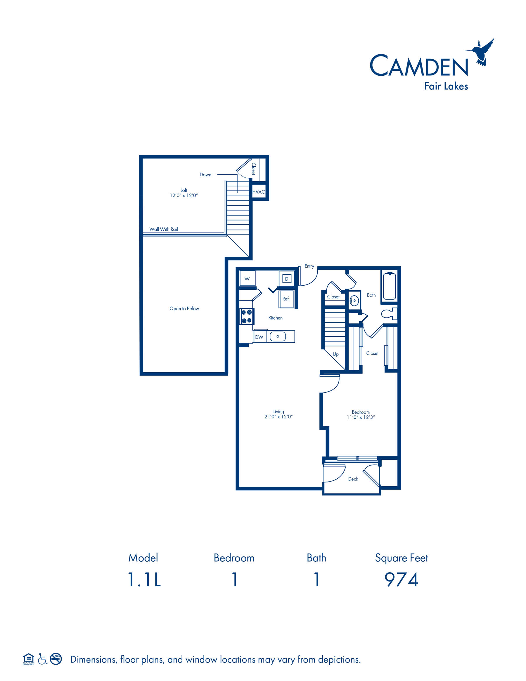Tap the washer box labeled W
coord(248,278)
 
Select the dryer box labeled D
coord(287,278)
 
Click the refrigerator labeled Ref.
coord(286,299)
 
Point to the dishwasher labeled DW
coord(259,337)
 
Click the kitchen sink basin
coord(278,337)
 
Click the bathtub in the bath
coord(389,286)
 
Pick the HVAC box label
coord(259,192)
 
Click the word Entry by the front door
coord(309,266)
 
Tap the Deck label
coord(353,479)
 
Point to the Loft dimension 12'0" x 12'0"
coord(184,196)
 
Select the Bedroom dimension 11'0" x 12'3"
coord(361,417)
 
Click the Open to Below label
coord(184,309)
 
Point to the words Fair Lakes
coord(446,86)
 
